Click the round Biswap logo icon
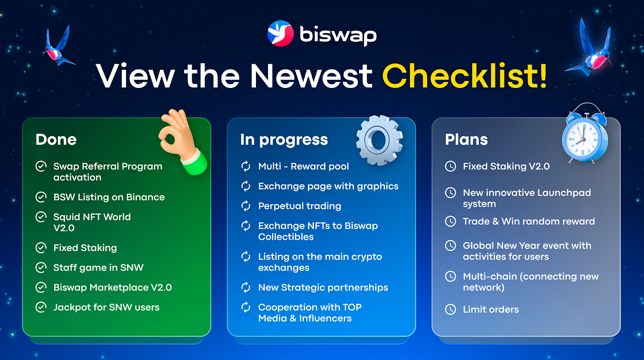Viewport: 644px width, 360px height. [x=280, y=33]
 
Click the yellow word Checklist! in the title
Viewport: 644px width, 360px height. [x=465, y=76]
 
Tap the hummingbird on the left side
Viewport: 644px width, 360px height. [x=58, y=47]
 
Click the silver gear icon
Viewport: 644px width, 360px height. [x=379, y=140]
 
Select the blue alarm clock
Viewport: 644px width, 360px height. [x=586, y=133]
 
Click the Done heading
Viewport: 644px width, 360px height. [x=56, y=139]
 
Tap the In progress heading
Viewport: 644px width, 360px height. [x=284, y=140]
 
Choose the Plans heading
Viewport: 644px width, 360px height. [x=466, y=139]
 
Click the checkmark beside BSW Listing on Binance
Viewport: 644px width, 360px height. [x=41, y=197]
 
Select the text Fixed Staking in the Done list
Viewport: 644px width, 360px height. [x=85, y=248]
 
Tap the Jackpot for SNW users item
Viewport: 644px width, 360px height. [x=106, y=307]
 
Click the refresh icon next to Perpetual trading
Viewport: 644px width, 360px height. [x=246, y=206]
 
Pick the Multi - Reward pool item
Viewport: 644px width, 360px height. [x=304, y=166]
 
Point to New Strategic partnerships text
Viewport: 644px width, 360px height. [x=323, y=288]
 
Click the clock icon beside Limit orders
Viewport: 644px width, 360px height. [x=450, y=310]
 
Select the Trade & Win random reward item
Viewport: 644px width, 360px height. [x=529, y=221]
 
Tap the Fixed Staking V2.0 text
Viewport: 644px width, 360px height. [x=506, y=166]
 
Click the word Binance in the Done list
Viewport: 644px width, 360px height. [x=145, y=197]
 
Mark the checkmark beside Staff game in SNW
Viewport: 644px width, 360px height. [x=41, y=268]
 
